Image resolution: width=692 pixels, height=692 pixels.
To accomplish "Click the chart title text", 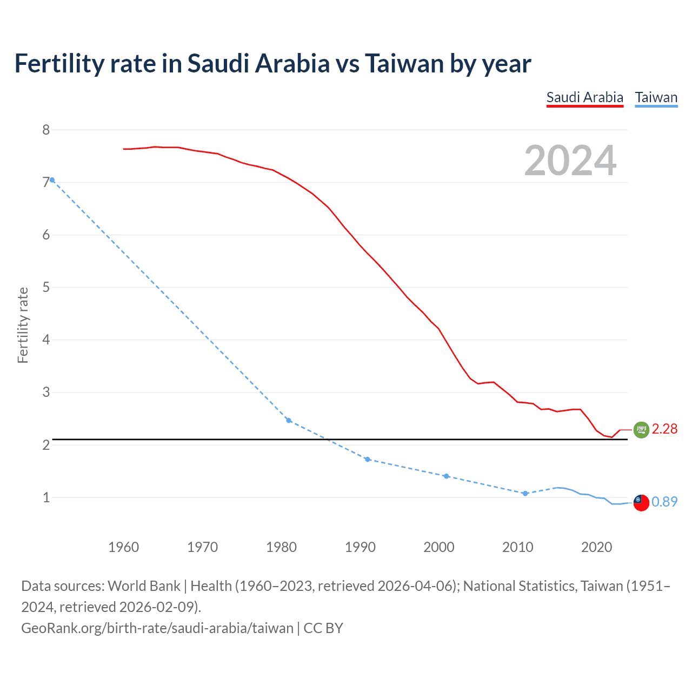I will pyautogui.click(x=272, y=63).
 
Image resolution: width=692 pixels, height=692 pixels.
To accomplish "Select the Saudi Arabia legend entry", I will pyautogui.click(x=584, y=97).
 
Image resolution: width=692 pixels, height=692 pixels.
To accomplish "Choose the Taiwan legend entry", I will pyautogui.click(x=656, y=97).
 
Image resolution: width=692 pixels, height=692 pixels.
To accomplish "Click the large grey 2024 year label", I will pyautogui.click(x=570, y=161).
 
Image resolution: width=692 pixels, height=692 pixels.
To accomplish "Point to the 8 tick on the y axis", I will pyautogui.click(x=46, y=130).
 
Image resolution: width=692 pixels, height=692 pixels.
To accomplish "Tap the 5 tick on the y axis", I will pyautogui.click(x=46, y=287).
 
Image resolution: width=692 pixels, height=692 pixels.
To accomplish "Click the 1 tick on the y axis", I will pyautogui.click(x=46, y=497).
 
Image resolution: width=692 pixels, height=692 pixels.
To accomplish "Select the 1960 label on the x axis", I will pyautogui.click(x=123, y=547).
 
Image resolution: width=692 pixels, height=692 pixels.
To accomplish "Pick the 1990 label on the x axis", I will pyautogui.click(x=360, y=547).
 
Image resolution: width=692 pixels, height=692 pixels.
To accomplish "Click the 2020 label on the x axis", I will pyautogui.click(x=596, y=547).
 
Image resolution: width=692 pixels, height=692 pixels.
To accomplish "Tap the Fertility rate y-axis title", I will pyautogui.click(x=23, y=325).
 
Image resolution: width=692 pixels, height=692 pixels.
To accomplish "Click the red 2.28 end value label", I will pyautogui.click(x=664, y=429).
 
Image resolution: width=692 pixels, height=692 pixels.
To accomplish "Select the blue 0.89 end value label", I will pyautogui.click(x=664, y=502).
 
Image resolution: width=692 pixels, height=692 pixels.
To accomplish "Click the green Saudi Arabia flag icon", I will pyautogui.click(x=641, y=430).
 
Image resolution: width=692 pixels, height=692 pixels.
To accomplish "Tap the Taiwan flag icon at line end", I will pyautogui.click(x=641, y=502).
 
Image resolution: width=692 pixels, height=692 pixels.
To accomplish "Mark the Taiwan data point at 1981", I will pyautogui.click(x=289, y=421).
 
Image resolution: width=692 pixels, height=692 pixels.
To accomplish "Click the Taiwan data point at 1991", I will pyautogui.click(x=368, y=460).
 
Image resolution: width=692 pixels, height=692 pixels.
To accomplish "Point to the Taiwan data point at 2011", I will pyautogui.click(x=525, y=494).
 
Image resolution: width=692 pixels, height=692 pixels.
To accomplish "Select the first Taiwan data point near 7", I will pyautogui.click(x=52, y=180).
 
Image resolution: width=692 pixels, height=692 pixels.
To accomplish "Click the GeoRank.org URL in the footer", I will pyautogui.click(x=157, y=628).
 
